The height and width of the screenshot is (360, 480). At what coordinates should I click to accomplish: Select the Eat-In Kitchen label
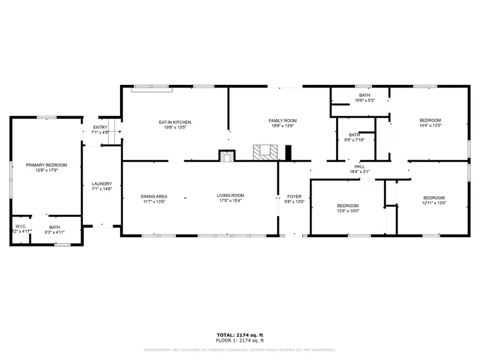coord(175,122)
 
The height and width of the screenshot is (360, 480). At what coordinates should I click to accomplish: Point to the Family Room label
coord(282,121)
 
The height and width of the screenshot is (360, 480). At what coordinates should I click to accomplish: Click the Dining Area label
coord(154,196)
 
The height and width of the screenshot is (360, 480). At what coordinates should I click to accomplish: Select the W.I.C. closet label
coord(21,226)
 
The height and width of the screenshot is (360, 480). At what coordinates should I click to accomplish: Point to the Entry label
coord(100,127)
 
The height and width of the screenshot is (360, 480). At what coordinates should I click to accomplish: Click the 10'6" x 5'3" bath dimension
coord(365,100)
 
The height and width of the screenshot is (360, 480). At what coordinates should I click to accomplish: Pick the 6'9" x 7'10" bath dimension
coord(354,140)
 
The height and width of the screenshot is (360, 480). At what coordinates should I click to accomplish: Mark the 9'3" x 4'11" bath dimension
coord(54,233)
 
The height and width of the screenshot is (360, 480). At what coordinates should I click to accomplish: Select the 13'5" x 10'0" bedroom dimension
coord(347,211)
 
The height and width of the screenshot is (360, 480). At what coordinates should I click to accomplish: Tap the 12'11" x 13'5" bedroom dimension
coord(434,203)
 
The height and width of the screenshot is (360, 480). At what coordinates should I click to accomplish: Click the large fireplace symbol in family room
coord(265,153)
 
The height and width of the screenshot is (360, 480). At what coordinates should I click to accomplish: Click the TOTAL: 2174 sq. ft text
coord(239,335)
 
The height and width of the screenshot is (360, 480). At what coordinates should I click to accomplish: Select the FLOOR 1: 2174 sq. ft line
coord(239,340)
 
